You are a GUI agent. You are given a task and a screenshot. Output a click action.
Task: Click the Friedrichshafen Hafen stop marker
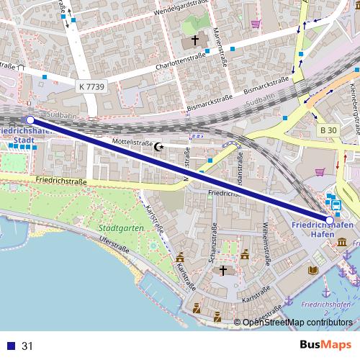click(x=330, y=220)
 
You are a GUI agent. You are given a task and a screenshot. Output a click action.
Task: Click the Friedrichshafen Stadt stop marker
click(x=30, y=120)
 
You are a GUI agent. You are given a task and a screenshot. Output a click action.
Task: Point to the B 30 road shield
click(x=328, y=130)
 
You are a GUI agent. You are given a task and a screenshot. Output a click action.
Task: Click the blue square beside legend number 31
click(x=10, y=346)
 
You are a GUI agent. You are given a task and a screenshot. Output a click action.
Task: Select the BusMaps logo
click(x=325, y=346)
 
